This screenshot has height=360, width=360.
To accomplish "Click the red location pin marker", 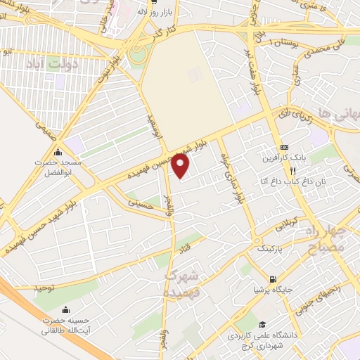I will point(181,166).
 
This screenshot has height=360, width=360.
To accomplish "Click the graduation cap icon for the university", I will point(262,325).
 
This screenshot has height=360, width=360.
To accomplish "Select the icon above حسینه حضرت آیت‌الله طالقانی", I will point(66,310).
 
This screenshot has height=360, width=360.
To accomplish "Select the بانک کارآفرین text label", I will point(284,157).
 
